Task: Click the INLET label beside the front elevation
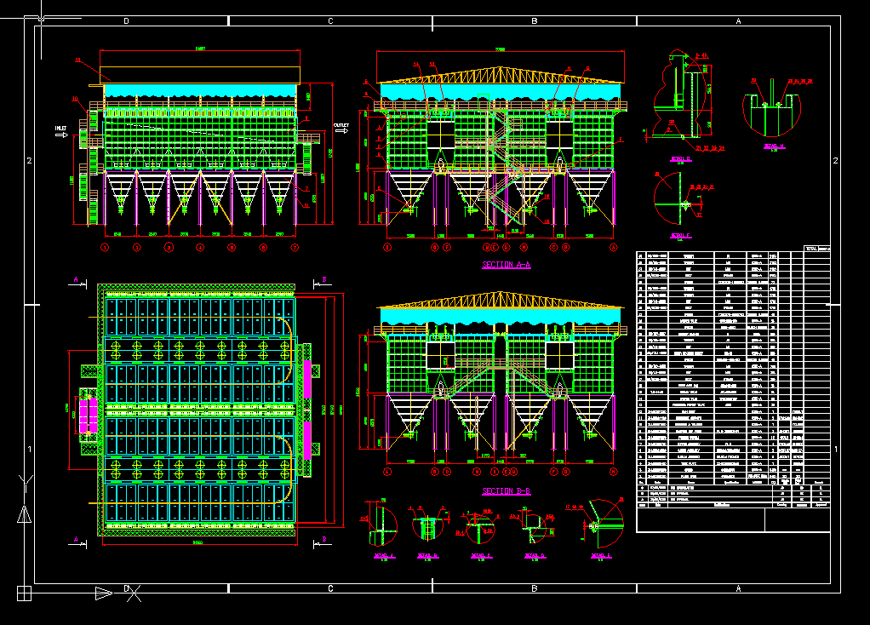point(60,128)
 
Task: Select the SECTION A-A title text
point(506,265)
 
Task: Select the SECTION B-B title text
point(506,491)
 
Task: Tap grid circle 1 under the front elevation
point(105,248)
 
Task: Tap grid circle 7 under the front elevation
point(295,248)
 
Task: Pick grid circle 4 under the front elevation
point(200,248)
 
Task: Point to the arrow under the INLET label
point(61,136)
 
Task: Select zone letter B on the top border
point(535,20)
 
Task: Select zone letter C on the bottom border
point(329,588)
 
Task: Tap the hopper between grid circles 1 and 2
point(121,192)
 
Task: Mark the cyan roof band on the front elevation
point(201,90)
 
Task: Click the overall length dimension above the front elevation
point(200,49)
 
